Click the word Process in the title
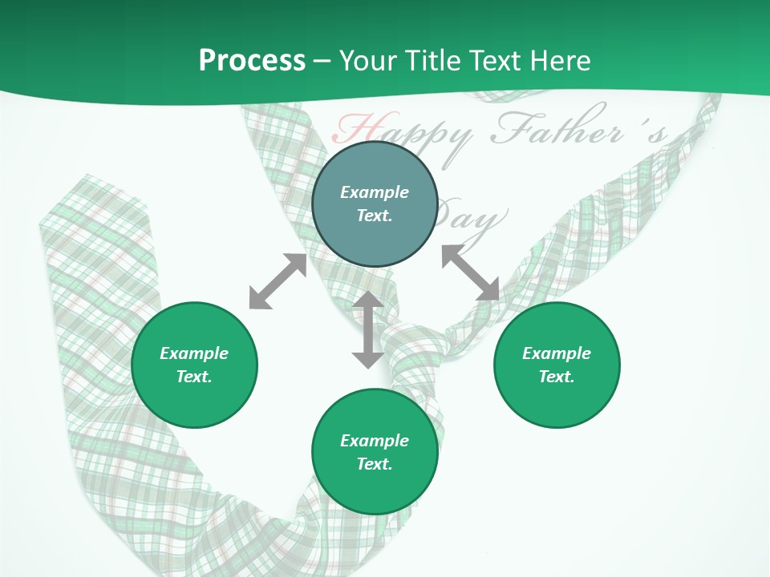click(x=252, y=60)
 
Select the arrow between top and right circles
click(x=471, y=272)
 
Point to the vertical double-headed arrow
click(x=368, y=329)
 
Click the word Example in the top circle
click(x=375, y=192)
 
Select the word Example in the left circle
click(x=194, y=353)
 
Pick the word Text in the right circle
click(x=557, y=377)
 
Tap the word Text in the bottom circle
click(x=375, y=464)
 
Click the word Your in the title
click(x=369, y=60)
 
